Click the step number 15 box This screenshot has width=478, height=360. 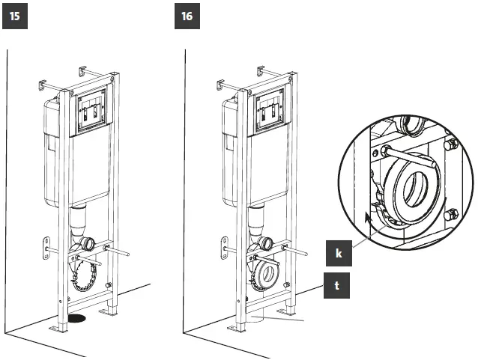16,16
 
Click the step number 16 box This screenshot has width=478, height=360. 189,16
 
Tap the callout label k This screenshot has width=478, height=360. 338,254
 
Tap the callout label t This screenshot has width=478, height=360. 338,284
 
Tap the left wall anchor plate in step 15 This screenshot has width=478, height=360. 44,246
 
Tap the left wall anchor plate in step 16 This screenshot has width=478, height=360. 223,246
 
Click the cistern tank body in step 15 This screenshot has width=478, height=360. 49,150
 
